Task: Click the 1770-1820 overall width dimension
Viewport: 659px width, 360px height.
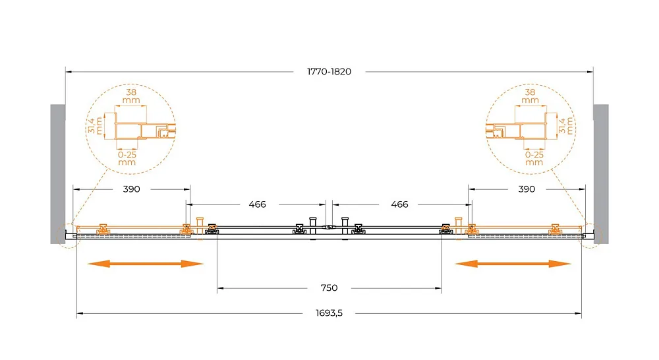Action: tap(329, 71)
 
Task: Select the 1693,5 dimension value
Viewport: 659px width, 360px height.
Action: tap(329, 313)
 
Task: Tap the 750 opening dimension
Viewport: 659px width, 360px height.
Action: tap(329, 287)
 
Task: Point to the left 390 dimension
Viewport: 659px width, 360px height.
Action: tap(132, 189)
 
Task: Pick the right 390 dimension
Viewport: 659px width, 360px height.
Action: tap(527, 189)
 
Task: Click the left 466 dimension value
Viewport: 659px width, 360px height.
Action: tap(257, 204)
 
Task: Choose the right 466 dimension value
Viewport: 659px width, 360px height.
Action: tap(399, 204)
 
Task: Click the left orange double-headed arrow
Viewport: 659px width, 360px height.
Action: tap(146, 264)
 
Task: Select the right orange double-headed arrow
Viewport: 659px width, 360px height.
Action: tap(513, 264)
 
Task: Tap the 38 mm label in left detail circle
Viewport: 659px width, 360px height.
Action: tap(131, 96)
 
